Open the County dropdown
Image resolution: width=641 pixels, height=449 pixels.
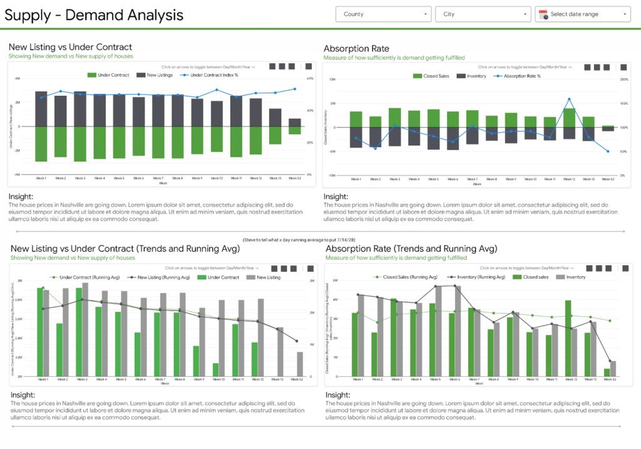pyautogui.click(x=383, y=14)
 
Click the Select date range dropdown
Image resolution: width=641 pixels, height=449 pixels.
pyautogui.click(x=582, y=14)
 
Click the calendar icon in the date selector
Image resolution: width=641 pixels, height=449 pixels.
pyautogui.click(x=543, y=14)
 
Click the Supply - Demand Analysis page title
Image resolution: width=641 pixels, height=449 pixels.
pyautogui.click(x=94, y=14)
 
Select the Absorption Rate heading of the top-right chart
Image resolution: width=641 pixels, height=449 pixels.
pyautogui.click(x=356, y=48)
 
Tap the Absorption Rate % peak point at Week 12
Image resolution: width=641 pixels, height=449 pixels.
pyautogui.click(x=569, y=100)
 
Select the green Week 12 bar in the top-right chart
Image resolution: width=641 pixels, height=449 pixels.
pyautogui.click(x=569, y=118)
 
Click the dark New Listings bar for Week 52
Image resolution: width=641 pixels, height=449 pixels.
pyautogui.click(x=294, y=122)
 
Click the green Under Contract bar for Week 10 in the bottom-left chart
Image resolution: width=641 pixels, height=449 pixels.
pyautogui.click(x=216, y=369)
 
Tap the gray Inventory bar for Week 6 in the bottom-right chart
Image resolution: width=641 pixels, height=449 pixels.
pyautogui.click(x=457, y=332)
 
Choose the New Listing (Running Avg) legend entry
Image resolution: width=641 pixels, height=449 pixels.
pyautogui.click(x=162, y=277)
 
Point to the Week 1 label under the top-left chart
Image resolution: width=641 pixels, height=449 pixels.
pyautogui.click(x=41, y=178)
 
